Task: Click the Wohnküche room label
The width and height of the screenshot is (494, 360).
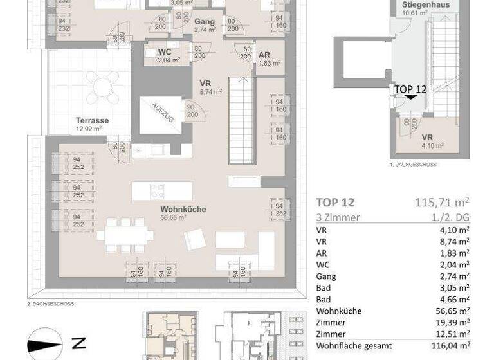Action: coord(173,208)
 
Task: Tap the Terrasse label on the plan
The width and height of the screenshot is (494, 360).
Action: coord(92,120)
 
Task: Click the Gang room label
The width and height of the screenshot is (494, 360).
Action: coord(204,21)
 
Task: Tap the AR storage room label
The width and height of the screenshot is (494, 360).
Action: coord(264,54)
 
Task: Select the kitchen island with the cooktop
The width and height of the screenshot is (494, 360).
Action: coord(161,190)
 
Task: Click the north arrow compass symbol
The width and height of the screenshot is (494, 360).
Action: coord(45,344)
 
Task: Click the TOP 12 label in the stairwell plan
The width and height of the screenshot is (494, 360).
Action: coord(410,89)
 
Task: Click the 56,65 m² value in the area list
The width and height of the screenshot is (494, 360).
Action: coord(455,310)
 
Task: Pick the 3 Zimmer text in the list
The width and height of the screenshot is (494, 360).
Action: coord(338,217)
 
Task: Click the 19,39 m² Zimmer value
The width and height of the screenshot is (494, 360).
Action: coord(455,322)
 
